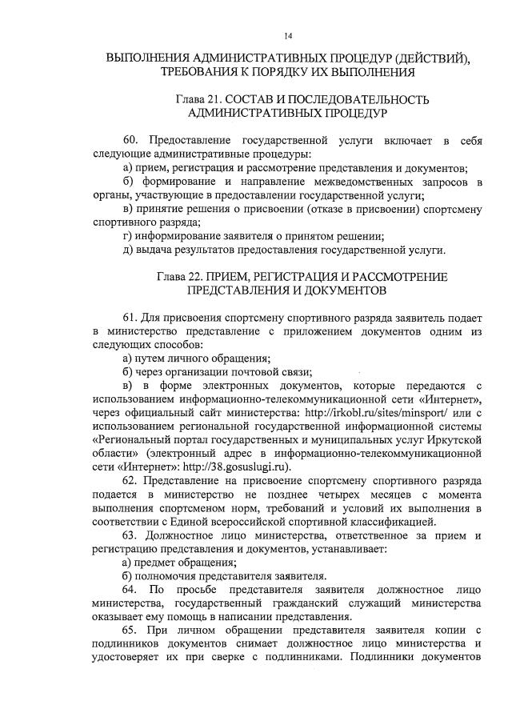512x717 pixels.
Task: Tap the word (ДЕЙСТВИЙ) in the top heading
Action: (x=426, y=58)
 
